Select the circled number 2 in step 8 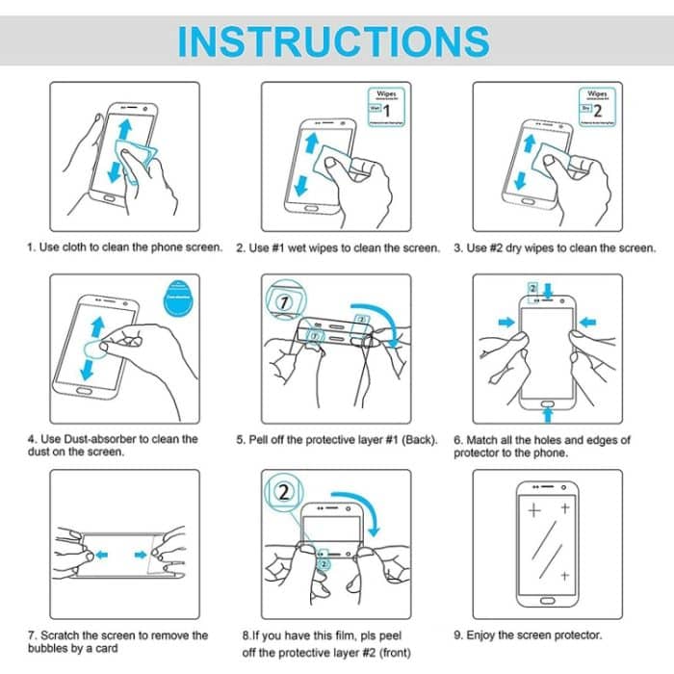coord(285,493)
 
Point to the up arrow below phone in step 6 coord(547,412)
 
